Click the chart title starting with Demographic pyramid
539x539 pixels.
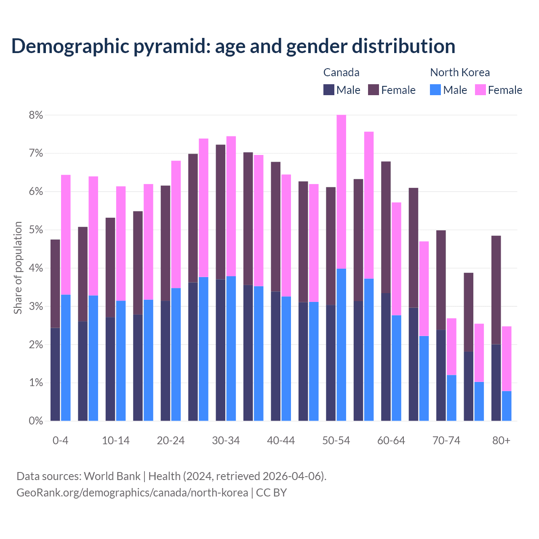233,46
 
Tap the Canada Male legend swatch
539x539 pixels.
329,90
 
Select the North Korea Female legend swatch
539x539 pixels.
480,90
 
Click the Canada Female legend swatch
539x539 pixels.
374,90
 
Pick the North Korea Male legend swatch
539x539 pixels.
435,90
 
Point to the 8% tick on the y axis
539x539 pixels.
36,115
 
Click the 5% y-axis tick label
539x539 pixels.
36,230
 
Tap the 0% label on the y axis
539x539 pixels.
36,421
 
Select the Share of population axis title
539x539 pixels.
18,268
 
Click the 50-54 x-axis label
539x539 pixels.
336,441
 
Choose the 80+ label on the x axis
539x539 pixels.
501,441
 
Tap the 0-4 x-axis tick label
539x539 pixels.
60,441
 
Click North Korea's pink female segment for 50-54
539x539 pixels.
342,192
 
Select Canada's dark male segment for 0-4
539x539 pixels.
55,374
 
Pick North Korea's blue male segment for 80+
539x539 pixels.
507,406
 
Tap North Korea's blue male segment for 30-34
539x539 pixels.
231,348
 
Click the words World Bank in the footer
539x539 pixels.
112,476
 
